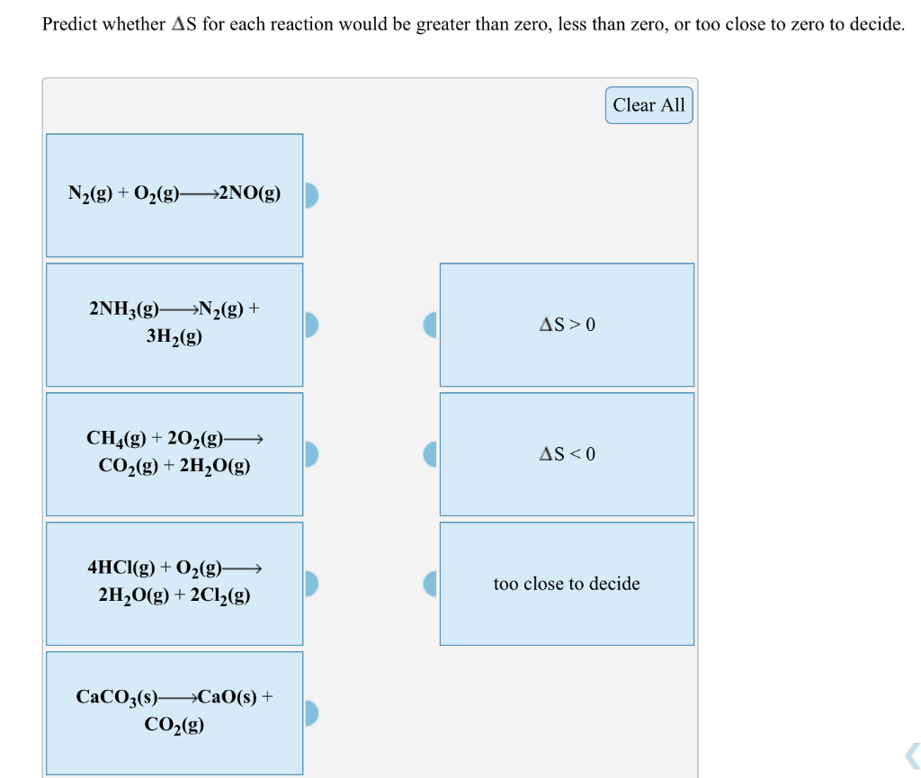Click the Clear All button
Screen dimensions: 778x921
click(x=648, y=105)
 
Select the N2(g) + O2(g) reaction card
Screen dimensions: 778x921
click(x=174, y=194)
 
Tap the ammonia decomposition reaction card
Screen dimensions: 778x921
click(x=174, y=324)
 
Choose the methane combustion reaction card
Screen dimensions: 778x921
click(x=174, y=453)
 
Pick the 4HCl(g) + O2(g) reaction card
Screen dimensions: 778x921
click(x=174, y=583)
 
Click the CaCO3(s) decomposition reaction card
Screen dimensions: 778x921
click(x=174, y=712)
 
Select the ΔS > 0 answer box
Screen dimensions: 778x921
click(x=567, y=325)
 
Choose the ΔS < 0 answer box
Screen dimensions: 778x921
click(x=567, y=454)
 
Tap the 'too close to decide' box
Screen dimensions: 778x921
click(x=567, y=584)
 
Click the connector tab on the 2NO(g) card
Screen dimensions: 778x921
click(x=311, y=195)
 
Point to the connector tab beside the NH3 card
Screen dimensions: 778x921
click(x=311, y=325)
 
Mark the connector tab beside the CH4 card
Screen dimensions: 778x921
click(x=311, y=454)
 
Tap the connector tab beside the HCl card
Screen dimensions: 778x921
click(x=311, y=584)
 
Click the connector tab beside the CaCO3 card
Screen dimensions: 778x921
click(x=311, y=713)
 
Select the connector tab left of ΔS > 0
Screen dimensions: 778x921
click(x=431, y=325)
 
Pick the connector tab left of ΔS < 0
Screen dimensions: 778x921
click(x=431, y=454)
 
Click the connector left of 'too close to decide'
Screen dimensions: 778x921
click(x=431, y=584)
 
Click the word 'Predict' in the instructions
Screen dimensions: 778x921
click(x=69, y=24)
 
